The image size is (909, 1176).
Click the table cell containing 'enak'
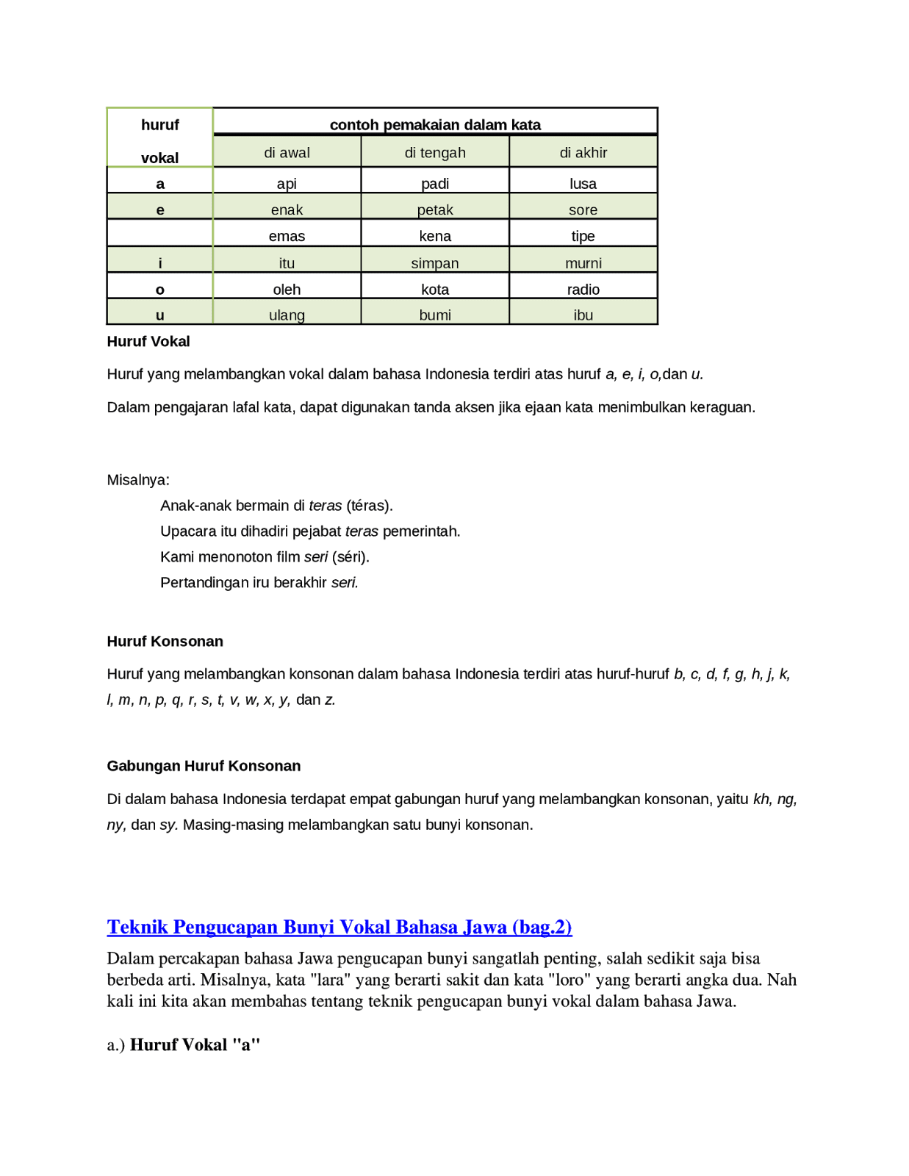(x=287, y=209)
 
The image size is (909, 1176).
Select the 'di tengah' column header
(x=435, y=153)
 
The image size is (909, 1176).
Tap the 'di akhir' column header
(x=583, y=153)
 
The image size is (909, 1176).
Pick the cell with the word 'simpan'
(x=435, y=263)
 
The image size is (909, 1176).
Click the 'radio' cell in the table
(x=583, y=289)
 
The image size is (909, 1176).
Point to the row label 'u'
(x=160, y=315)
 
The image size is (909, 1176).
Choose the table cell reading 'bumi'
(x=435, y=315)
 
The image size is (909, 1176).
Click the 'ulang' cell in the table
(x=287, y=315)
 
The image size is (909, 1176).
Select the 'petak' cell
(x=435, y=209)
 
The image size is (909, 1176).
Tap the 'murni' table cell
(x=583, y=263)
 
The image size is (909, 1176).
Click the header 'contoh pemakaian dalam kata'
(x=435, y=125)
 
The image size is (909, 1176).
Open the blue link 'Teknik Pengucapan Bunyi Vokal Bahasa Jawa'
(x=339, y=927)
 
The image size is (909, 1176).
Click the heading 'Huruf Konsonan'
(x=165, y=642)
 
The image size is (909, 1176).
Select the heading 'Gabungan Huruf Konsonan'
(x=204, y=766)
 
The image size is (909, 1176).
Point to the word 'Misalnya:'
(x=138, y=480)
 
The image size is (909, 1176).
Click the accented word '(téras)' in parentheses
(x=370, y=506)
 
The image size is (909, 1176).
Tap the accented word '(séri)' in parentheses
(x=351, y=557)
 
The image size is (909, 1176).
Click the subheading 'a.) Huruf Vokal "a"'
(x=184, y=1044)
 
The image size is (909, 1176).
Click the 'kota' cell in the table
(x=435, y=289)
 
